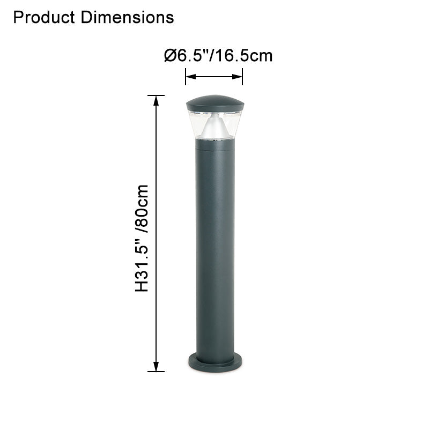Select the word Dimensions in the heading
[128, 17]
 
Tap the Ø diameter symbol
[171, 55]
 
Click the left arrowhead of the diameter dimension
[189, 77]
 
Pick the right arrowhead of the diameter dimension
[239, 77]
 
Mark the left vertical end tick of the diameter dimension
[186, 77]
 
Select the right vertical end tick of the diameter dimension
[242, 77]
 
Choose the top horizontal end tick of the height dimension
[156, 95]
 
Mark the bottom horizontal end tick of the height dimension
[156, 372]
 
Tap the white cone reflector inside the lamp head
[214, 126]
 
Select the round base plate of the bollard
[214, 364]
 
